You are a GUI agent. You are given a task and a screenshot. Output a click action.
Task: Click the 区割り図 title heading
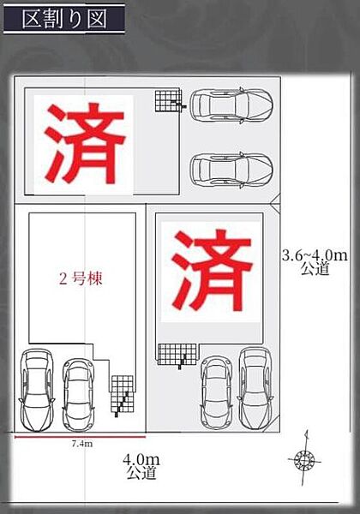point(64,19)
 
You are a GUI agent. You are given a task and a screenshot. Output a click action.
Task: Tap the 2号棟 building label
point(81,279)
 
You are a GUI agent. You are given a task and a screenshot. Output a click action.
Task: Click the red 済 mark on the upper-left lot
point(85,143)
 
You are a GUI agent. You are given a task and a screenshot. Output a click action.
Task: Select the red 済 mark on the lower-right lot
point(212,270)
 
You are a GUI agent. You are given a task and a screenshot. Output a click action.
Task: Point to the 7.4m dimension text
point(82,444)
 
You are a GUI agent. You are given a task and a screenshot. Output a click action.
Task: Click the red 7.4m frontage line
point(80,437)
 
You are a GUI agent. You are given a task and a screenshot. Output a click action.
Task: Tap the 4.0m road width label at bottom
point(141,459)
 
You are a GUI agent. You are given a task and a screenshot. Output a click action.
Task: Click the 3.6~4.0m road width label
point(315,255)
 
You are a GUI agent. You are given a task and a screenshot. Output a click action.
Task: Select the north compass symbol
point(305,459)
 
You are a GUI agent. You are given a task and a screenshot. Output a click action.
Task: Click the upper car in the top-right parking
point(231,105)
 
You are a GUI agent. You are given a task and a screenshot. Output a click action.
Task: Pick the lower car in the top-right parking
point(231,170)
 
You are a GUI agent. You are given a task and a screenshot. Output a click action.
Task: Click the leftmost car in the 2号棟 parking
point(37,390)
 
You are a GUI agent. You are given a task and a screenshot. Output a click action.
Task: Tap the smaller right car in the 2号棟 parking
point(78,395)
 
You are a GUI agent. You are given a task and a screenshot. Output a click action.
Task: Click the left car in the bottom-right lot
point(216,392)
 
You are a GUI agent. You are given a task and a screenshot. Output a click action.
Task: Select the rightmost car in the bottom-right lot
point(255,388)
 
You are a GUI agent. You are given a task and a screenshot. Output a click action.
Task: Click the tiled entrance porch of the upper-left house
point(168,101)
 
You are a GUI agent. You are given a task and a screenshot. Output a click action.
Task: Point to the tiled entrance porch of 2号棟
point(122,394)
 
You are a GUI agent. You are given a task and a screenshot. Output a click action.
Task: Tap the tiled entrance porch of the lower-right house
point(177,355)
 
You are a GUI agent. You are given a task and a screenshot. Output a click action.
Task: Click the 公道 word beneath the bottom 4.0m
point(141,473)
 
